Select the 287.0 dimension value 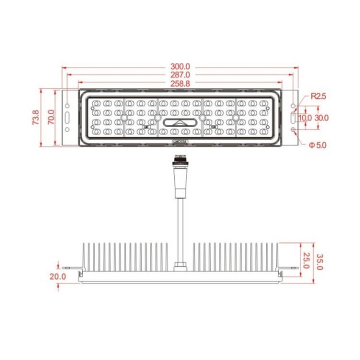coord(180,75)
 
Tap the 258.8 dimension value coord(180,84)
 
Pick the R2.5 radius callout coord(318,96)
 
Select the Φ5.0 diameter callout coord(317,145)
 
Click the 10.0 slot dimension coord(305,118)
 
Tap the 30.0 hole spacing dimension coord(321,118)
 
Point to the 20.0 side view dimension coord(57,276)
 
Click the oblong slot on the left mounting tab coord(66,118)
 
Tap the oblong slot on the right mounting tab coord(293,118)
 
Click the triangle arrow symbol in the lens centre coord(179,123)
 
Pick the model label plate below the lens coord(179,142)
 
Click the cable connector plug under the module coord(179,162)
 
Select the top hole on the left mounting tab coord(66,105)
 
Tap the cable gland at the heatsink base coord(179,265)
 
